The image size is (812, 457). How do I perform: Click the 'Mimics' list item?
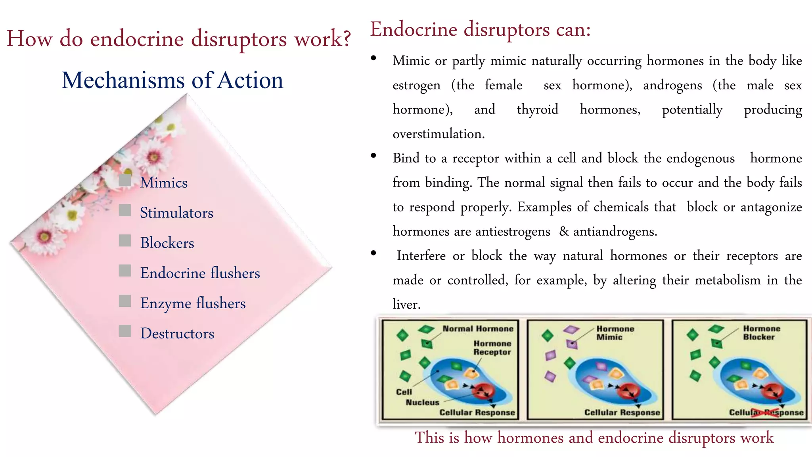[164, 183]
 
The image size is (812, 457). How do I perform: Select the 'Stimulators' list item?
[176, 213]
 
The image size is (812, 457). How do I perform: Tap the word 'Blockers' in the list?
[167, 243]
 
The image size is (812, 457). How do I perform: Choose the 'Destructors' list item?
[177, 334]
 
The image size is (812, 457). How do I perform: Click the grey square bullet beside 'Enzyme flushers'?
[125, 301]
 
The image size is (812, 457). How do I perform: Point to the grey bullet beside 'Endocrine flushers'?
[125, 271]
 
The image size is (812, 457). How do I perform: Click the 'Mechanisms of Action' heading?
[172, 80]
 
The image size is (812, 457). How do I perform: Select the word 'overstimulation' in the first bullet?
[438, 134]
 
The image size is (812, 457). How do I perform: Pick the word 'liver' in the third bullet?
[405, 304]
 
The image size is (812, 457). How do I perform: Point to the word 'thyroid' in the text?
[537, 109]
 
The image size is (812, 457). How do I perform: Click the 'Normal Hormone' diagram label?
[478, 328]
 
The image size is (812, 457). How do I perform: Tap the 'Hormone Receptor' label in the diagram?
[492, 348]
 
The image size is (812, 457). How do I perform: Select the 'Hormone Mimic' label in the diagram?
[615, 333]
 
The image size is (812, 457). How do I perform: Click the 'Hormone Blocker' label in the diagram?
[761, 333]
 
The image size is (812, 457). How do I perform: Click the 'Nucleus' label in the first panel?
[422, 402]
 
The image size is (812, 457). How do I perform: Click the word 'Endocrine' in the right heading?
[414, 30]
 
